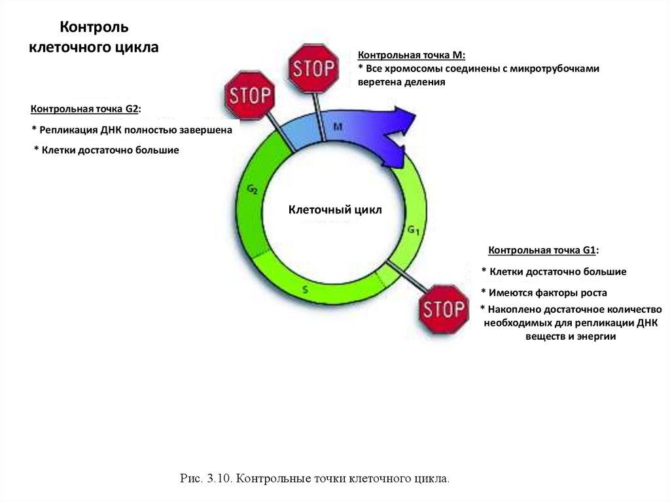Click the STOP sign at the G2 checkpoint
[249, 96]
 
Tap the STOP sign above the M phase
[313, 68]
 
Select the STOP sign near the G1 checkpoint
[443, 309]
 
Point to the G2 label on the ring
[252, 189]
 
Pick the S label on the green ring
[305, 288]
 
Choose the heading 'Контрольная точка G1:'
[543, 251]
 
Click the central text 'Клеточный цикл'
[334, 210]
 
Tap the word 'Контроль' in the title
[94, 27]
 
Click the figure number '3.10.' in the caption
[218, 479]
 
